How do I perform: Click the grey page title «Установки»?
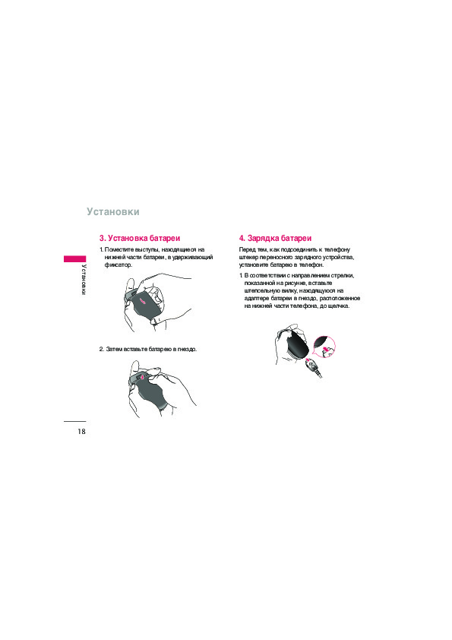tap(113, 212)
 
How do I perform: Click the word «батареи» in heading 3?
tap(165, 238)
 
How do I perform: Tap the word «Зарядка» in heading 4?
tap(263, 238)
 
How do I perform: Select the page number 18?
tap(81, 432)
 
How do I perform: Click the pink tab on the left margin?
tap(74, 258)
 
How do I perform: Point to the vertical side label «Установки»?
tap(83, 280)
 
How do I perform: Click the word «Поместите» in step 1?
tap(118, 250)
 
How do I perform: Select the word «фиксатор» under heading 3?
tap(118, 265)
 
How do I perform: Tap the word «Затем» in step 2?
tap(114, 350)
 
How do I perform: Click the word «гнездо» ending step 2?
tap(186, 350)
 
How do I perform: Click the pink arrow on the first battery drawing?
tap(143, 301)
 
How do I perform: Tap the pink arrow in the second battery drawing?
tap(141, 378)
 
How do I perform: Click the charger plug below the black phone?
tap(313, 366)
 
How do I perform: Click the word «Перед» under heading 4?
tap(246, 250)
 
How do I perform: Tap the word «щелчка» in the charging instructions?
tap(340, 306)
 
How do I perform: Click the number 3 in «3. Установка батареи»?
tap(102, 238)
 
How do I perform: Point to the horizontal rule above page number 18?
tap(74, 421)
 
